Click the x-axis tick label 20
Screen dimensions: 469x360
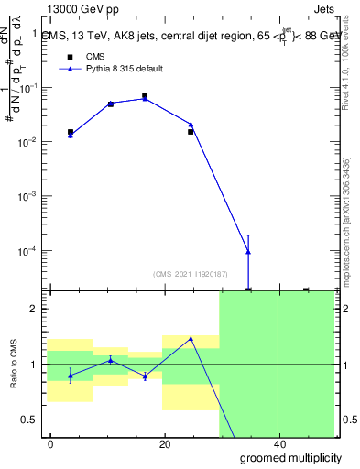pos(165,444)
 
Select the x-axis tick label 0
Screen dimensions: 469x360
pos(51,444)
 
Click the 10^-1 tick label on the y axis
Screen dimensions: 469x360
pos(31,88)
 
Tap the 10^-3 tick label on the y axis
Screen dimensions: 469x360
pos(31,196)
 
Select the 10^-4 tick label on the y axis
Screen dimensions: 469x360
pos(31,250)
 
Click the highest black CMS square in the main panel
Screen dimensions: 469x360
pos(145,95)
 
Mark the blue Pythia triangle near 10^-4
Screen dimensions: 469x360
pos(248,252)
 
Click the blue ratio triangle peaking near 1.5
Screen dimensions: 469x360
pos(191,338)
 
